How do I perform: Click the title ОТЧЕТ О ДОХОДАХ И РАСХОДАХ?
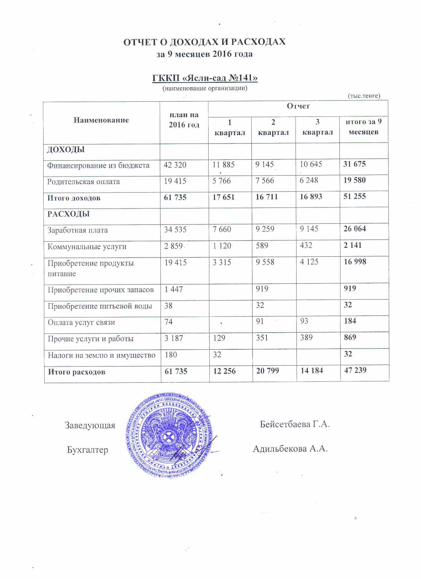coord(204,42)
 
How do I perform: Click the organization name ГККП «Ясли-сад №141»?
coord(205,78)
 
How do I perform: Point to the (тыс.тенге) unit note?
coord(364,96)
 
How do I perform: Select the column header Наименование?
coord(101,120)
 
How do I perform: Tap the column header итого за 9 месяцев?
coord(363,127)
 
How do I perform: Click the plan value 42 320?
coord(175,165)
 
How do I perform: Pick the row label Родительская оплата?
coord(84,182)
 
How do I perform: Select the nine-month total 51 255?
coord(355,196)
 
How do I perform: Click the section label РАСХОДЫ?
coord(68,214)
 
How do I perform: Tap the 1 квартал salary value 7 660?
coord(222,229)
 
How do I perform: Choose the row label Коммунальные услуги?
coord(87,246)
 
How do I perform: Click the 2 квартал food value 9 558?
coord(265,262)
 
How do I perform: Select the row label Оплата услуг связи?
coord(81,322)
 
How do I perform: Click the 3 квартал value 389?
coord(306,338)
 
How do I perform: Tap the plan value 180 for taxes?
coord(171,355)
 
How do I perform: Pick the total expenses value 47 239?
coord(355,370)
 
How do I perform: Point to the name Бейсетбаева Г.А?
coord(295,424)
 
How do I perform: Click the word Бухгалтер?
coord(88,450)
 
